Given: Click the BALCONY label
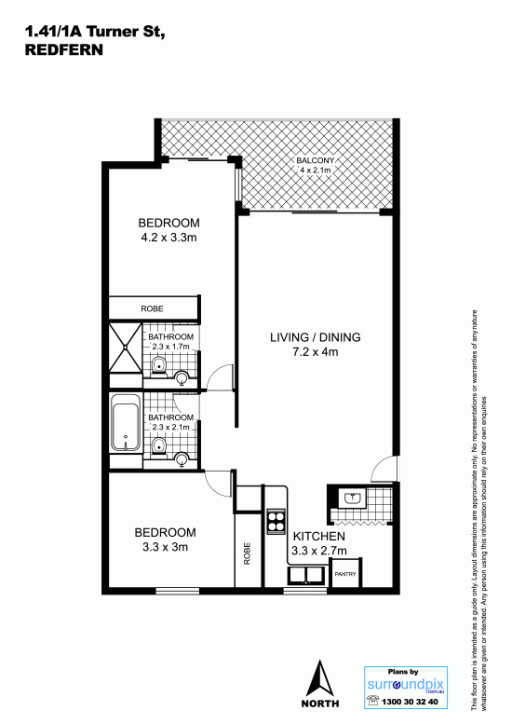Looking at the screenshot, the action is point(315,160).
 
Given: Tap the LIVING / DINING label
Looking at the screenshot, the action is point(316,337).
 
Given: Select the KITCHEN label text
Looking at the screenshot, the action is point(319,536).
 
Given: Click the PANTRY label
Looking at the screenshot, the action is point(345,574).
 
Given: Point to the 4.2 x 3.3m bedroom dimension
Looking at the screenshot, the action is point(168,238).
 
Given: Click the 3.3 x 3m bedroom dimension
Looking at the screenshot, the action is point(165,547).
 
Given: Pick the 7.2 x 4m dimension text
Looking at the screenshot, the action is point(316,352).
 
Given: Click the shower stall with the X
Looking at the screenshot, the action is point(126,348).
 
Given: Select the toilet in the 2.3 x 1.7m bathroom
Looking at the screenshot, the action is point(158,366).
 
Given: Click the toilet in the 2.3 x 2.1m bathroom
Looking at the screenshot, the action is point(158,447).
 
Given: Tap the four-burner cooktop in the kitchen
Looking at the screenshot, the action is point(276,521).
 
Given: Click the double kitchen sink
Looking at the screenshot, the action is point(306,576).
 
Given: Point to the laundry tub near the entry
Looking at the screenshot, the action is point(353,499).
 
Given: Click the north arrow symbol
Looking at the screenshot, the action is point(320,678).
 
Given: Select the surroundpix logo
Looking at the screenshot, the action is point(406,684).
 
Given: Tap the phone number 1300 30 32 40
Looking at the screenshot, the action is point(410,702).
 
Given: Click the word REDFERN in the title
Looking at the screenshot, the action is point(63,50).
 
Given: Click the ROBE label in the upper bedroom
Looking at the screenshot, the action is point(153,308).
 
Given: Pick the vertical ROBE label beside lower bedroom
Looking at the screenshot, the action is point(247,553).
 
